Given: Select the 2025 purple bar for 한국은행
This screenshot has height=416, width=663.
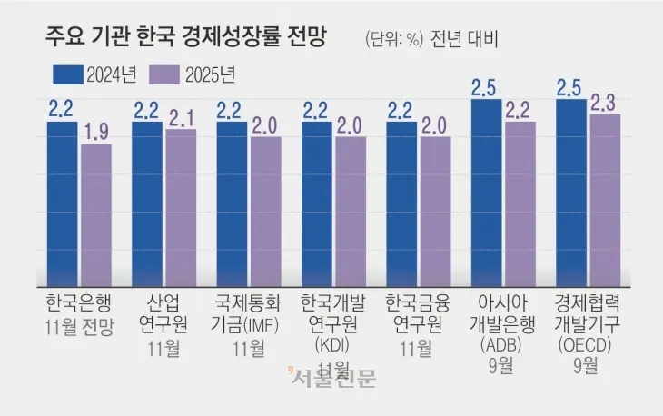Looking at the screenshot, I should click(95, 215).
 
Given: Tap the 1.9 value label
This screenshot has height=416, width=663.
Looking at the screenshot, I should click(95, 133).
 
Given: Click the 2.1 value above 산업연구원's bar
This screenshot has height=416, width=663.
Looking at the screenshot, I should click(180, 117).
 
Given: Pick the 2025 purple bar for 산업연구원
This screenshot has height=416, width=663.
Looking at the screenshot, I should click(180, 207).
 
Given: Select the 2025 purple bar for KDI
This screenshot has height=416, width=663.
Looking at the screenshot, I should click(350, 212).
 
